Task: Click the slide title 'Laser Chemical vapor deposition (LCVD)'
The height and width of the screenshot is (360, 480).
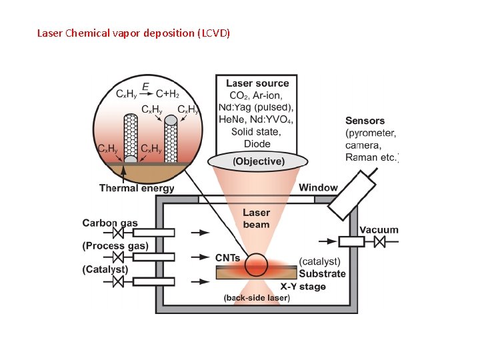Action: pos(133,32)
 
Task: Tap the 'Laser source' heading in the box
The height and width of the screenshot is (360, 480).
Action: pos(257,83)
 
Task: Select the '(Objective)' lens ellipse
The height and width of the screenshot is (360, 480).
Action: pos(257,161)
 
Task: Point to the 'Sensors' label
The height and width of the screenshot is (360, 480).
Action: pos(365,121)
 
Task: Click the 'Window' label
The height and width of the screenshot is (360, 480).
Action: pos(318,187)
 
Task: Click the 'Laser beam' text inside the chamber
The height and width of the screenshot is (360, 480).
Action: pos(257,219)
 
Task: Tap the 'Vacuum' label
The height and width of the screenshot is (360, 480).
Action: pos(379,229)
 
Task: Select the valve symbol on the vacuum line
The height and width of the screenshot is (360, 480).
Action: pos(379,241)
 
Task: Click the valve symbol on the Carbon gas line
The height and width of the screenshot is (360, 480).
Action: pos(118,233)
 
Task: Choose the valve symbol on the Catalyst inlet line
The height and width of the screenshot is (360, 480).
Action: pos(118,282)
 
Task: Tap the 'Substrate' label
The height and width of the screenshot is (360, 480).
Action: pos(322,273)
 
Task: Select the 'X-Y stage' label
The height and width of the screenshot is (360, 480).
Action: pos(303,286)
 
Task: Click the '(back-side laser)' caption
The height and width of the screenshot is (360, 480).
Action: pos(257,298)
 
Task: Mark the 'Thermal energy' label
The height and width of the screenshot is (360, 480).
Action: pos(137,188)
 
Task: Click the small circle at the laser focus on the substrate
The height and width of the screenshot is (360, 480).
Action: pos(256,265)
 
